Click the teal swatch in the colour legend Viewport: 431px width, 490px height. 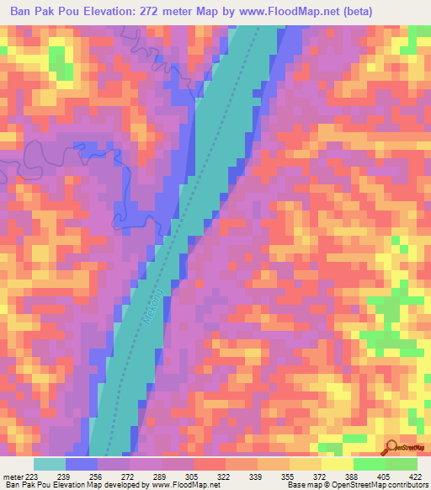pyautogui.click(x=50, y=465)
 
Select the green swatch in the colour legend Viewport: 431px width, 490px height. pyautogui.click(x=402, y=465)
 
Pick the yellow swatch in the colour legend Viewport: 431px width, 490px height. pyautogui.click(x=337, y=465)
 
